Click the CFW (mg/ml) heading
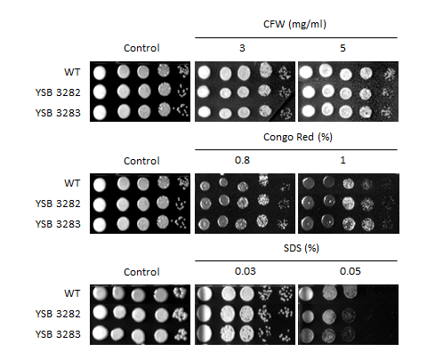[x=294, y=24]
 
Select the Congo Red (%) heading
[x=298, y=137]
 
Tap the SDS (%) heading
[x=302, y=248]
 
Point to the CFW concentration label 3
[x=242, y=48]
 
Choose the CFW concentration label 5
[x=342, y=48]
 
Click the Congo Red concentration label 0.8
[x=242, y=160]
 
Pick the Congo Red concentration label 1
[x=342, y=160]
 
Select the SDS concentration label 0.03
[x=246, y=271]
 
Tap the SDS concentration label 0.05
[x=350, y=271]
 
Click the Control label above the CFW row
[x=141, y=48]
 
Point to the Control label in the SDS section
[x=141, y=272]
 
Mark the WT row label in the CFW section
[x=72, y=72]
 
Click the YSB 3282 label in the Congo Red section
[x=58, y=204]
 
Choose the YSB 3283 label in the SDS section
[x=58, y=334]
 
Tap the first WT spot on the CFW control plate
[x=100, y=73]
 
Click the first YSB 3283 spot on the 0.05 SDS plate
[x=306, y=335]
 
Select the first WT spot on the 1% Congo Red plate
[x=309, y=183]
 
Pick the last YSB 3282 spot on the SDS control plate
[x=180, y=314]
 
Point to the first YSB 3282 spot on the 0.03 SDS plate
[x=204, y=313]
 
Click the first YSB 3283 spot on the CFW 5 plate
[x=309, y=111]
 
